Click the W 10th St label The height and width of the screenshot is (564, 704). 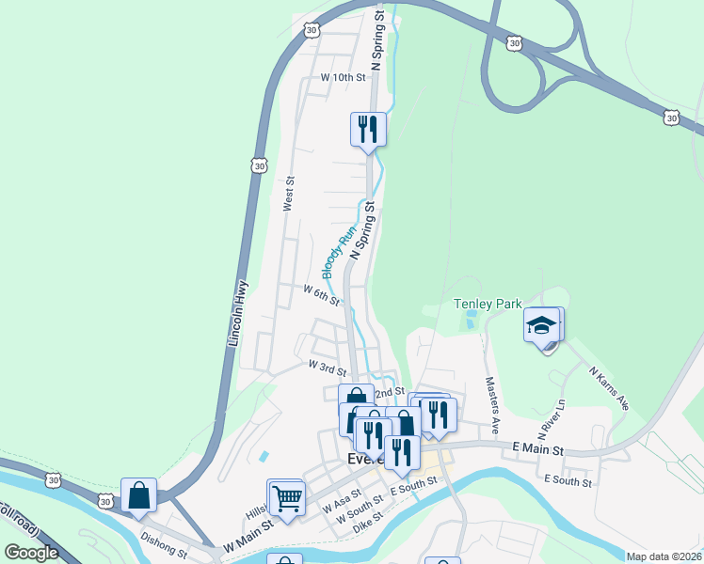point(343,77)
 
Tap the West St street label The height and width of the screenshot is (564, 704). point(289,194)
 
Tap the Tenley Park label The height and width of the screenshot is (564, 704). point(487,304)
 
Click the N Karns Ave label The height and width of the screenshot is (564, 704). point(609,389)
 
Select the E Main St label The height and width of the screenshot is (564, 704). point(537,450)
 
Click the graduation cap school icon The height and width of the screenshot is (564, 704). point(542,325)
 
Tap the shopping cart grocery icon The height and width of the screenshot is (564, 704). point(287,496)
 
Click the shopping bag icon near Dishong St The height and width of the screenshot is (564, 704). point(138,495)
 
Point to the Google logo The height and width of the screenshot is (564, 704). point(31,553)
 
